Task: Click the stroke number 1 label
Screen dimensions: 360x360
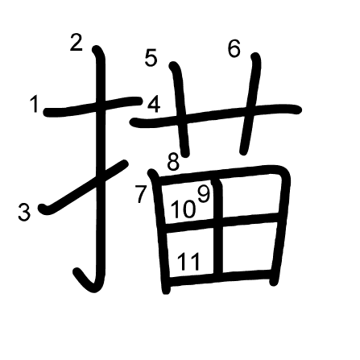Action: tap(35, 105)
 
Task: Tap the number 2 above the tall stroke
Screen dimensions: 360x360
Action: tap(77, 42)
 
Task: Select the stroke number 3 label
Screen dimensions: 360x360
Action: tap(24, 213)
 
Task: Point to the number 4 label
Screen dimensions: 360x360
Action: tap(154, 106)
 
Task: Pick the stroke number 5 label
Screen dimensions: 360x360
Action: tap(151, 59)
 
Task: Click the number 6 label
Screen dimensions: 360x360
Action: tap(234, 48)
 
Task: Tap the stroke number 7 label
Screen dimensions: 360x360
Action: tap(142, 194)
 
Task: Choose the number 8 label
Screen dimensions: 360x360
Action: tap(173, 163)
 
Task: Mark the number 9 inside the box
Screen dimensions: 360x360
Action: tap(204, 194)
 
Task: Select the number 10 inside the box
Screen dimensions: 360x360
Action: tap(184, 209)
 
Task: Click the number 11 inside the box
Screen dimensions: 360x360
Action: tap(188, 262)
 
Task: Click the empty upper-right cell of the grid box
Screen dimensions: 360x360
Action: tap(250, 196)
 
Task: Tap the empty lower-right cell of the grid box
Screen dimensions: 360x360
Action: tap(247, 246)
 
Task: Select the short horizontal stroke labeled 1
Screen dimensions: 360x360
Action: tap(93, 106)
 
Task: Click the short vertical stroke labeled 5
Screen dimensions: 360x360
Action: tap(180, 109)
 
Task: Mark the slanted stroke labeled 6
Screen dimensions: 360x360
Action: tap(250, 104)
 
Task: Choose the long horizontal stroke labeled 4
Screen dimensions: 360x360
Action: tap(216, 115)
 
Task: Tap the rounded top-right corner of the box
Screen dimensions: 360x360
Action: tap(283, 174)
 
